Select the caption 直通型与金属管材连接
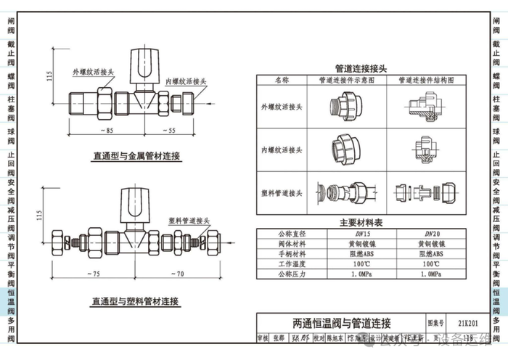tap(136, 155)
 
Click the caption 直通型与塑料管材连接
tap(136, 300)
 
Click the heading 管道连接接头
tap(361, 67)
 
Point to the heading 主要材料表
tap(361, 223)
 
